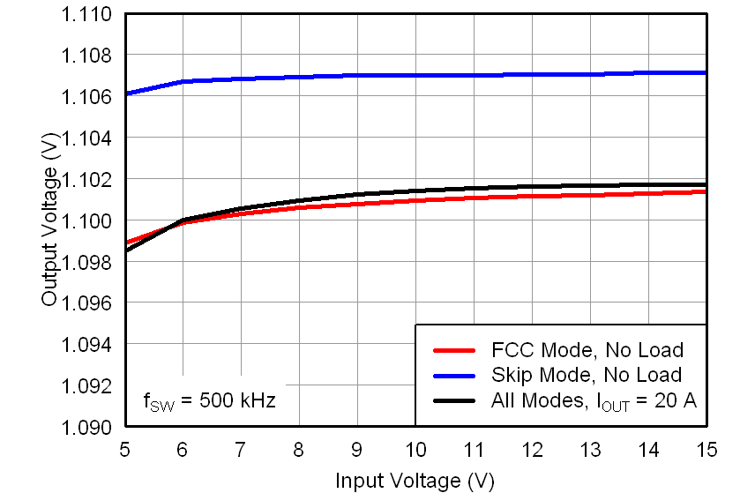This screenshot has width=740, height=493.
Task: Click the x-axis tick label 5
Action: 124,449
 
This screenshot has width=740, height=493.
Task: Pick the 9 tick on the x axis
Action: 357,449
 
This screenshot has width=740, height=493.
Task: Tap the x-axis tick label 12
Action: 532,449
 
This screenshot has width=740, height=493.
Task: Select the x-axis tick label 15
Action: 706,449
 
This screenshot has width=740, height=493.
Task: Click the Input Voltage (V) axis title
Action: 415,481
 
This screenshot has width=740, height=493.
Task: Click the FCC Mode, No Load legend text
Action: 586,351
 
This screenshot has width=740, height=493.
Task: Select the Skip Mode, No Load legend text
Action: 586,376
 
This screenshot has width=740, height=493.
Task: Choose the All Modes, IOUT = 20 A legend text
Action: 593,401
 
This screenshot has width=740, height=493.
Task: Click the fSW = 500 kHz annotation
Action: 209,401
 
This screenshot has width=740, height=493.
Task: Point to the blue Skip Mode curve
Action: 415,75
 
